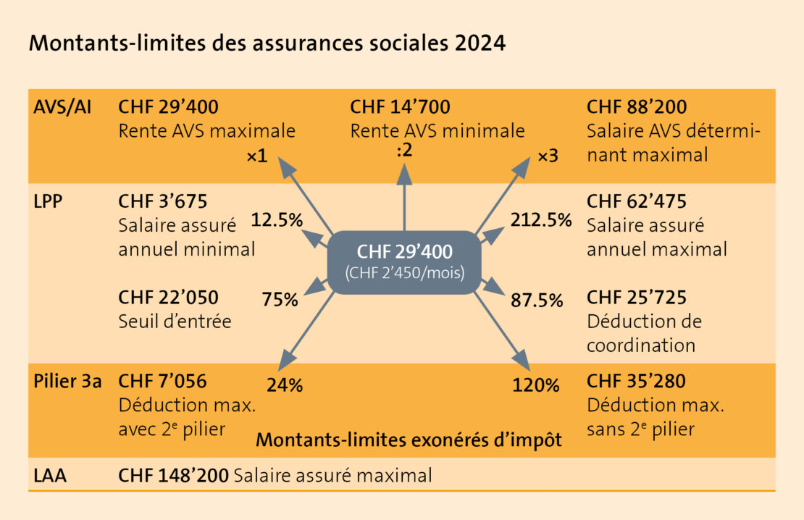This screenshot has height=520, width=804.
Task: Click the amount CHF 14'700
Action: pos(400,107)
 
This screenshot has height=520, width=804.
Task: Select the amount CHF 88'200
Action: pos(637,107)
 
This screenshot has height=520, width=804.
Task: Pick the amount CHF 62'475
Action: pos(637,201)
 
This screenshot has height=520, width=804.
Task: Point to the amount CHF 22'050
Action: pos(168,297)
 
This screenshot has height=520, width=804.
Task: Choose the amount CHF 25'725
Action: pos(637,297)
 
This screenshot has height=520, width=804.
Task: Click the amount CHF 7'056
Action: pos(163,382)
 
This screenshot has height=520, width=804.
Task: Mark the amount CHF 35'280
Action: pos(637,382)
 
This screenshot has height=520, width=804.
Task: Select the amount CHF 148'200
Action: pos(173,475)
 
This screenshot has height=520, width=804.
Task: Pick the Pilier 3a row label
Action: pos(67,382)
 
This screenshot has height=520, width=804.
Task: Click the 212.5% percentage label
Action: pos(541,219)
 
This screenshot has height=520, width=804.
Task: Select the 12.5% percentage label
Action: pos(276,219)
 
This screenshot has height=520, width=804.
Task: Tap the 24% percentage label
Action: pos(285,385)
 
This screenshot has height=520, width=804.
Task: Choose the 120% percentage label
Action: pos(536,385)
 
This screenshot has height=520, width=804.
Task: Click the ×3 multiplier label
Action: pos(548,156)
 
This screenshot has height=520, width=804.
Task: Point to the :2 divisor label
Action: pos(404,153)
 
